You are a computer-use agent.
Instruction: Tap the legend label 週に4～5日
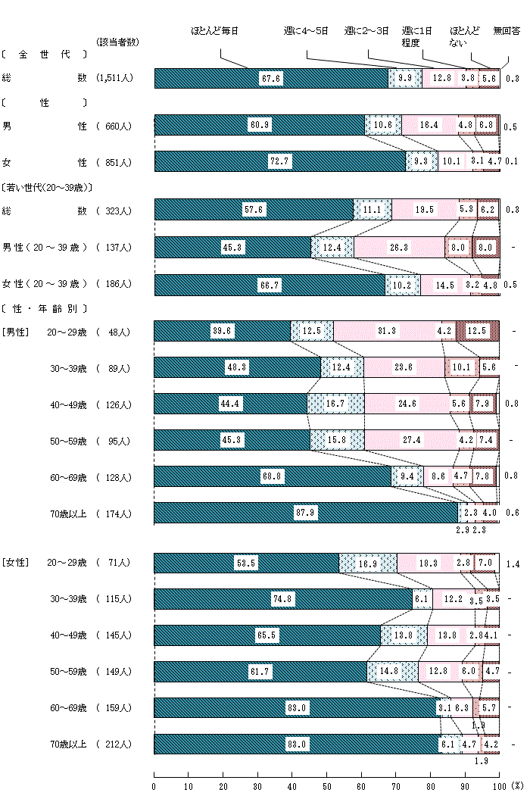(x=306, y=31)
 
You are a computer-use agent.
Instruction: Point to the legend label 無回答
(x=507, y=31)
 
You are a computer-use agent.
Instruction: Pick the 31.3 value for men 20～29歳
(x=386, y=332)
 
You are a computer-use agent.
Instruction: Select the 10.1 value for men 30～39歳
(x=461, y=368)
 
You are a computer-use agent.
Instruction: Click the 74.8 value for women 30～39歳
(x=282, y=599)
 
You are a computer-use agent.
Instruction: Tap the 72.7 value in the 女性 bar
(x=279, y=162)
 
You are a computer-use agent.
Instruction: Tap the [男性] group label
(x=15, y=332)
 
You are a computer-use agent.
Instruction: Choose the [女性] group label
(x=15, y=563)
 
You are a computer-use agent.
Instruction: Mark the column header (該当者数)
(x=118, y=42)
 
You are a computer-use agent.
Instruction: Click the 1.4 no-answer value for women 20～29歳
(x=513, y=563)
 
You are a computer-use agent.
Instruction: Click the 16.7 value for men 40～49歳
(x=335, y=404)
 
